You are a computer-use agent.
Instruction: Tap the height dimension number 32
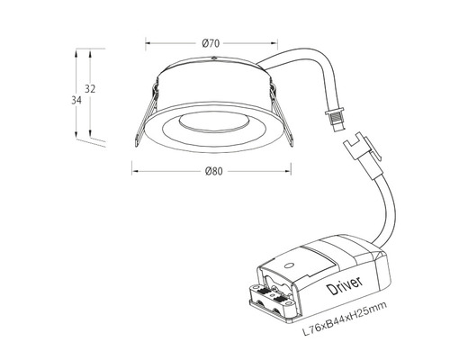pyautogui.click(x=90, y=88)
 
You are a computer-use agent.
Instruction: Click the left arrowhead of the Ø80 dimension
pyautogui.click(x=134, y=167)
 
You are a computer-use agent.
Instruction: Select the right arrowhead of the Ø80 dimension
pyautogui.click(x=293, y=167)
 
